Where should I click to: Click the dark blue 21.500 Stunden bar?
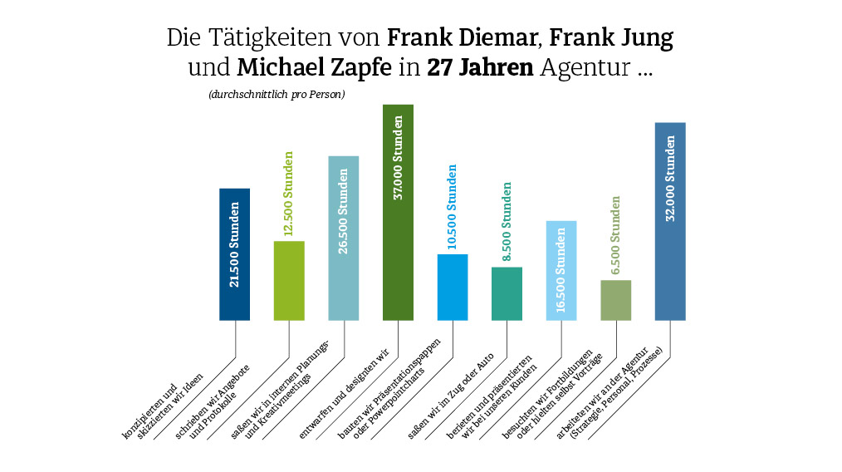[234, 253]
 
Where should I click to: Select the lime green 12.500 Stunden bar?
[289, 280]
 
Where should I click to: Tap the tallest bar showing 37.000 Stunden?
[398, 212]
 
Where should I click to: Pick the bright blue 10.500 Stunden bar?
[453, 287]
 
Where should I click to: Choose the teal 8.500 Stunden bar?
[507, 293]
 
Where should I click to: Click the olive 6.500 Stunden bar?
[615, 300]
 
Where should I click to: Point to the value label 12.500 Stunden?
[289, 194]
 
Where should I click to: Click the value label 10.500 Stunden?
[453, 207]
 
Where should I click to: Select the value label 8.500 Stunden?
[507, 221]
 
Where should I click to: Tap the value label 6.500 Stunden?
[615, 235]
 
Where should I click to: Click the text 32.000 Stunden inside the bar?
[670, 178]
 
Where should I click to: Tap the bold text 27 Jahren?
[480, 68]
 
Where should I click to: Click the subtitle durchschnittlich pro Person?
[277, 95]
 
